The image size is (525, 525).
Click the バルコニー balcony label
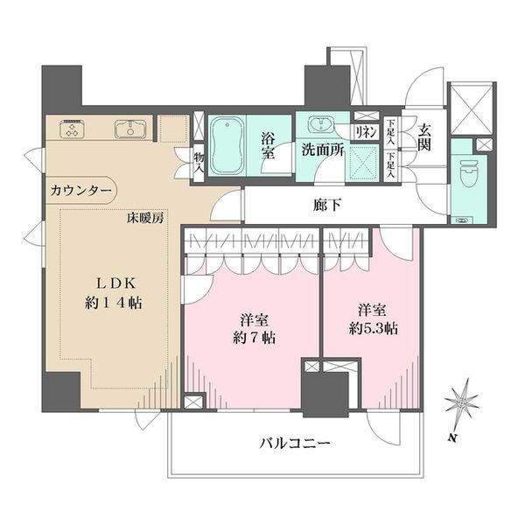(294, 444)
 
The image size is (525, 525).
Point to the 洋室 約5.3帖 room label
(372, 319)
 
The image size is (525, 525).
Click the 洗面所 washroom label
(322, 149)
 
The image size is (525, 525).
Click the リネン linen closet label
(365, 131)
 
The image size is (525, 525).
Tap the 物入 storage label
(200, 160)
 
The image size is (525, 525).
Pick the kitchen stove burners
(70, 129)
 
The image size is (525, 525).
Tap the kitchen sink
(130, 129)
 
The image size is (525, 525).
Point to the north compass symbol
(460, 403)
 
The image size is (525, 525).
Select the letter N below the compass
(449, 436)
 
